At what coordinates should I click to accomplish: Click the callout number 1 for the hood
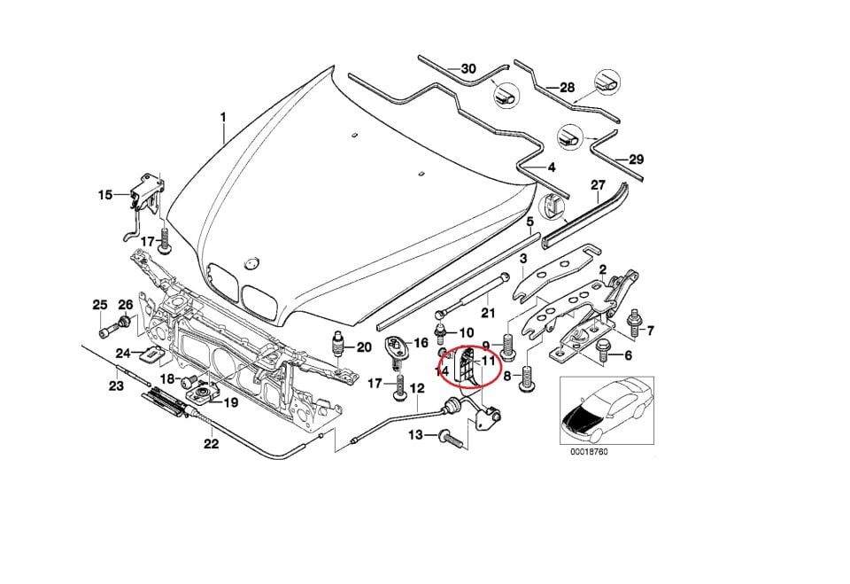pyautogui.click(x=223, y=117)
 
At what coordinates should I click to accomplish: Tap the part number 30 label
pyautogui.click(x=468, y=68)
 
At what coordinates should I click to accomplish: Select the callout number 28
pyautogui.click(x=567, y=88)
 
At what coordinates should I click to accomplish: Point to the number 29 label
pyautogui.click(x=636, y=160)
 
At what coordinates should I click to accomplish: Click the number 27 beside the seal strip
pyautogui.click(x=598, y=184)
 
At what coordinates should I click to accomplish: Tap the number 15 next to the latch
pyautogui.click(x=105, y=194)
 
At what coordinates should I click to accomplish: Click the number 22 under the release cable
pyautogui.click(x=211, y=444)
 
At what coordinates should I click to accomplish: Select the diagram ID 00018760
pyautogui.click(x=589, y=451)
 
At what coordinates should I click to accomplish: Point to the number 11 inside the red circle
pyautogui.click(x=489, y=362)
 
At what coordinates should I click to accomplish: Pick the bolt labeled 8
pyautogui.click(x=528, y=382)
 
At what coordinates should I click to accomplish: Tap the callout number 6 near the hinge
pyautogui.click(x=628, y=355)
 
